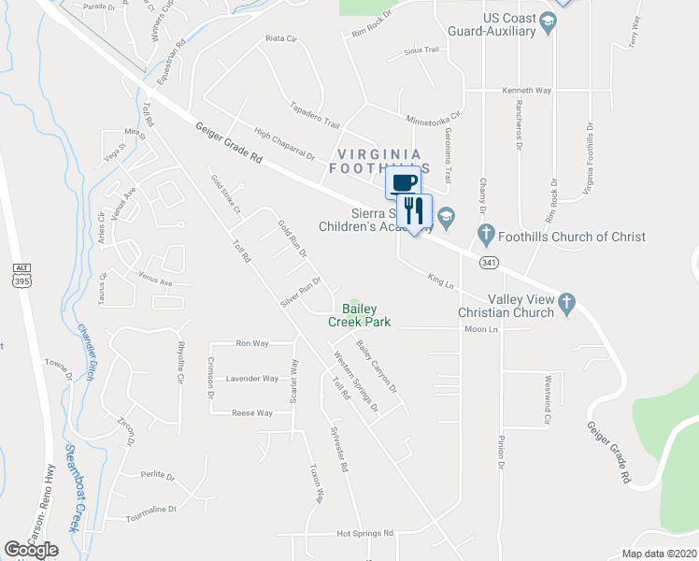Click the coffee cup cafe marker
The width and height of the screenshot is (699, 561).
pos(403,182)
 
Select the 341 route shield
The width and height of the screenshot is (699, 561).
pos(489,262)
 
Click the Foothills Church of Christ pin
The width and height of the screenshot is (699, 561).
pos(485,233)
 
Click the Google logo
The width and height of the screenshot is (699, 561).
pos(31,550)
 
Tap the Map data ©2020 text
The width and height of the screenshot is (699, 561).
pos(658,554)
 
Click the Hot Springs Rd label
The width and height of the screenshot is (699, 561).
pos(365,534)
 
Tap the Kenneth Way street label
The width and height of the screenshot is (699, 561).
pos(527,91)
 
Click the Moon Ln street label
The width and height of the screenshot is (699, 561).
pos(482,329)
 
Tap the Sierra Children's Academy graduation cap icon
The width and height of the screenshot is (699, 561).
pos(446,216)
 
